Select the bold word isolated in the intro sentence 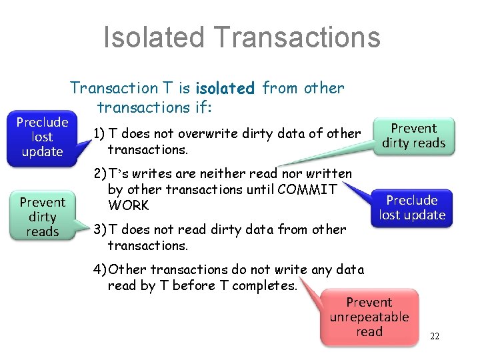225,88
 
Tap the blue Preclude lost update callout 42,137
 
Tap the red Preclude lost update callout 412,207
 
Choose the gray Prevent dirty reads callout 42,217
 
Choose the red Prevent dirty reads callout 413,135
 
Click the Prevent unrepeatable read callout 369,317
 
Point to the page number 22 435,336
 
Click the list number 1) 99,133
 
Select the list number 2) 99,174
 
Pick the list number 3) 99,229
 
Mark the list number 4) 99,269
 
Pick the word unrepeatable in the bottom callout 369,317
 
